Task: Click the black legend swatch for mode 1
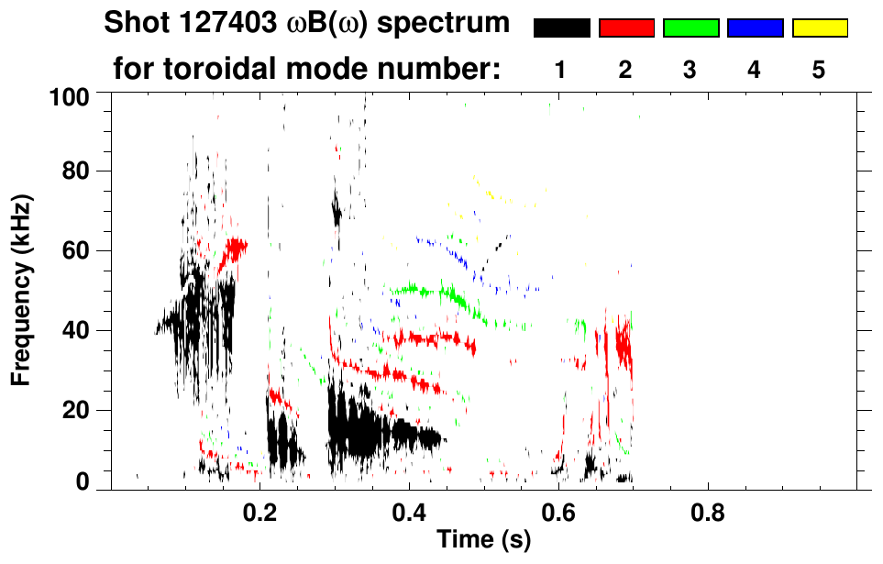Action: coord(562,28)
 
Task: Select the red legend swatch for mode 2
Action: coord(626,28)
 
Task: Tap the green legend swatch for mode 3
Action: coord(690,28)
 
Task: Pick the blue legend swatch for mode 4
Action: coord(755,28)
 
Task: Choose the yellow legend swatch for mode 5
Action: coord(819,28)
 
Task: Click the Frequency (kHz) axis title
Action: coord(22,289)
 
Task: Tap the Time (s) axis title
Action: coord(482,540)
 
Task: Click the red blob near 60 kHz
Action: coord(233,249)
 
